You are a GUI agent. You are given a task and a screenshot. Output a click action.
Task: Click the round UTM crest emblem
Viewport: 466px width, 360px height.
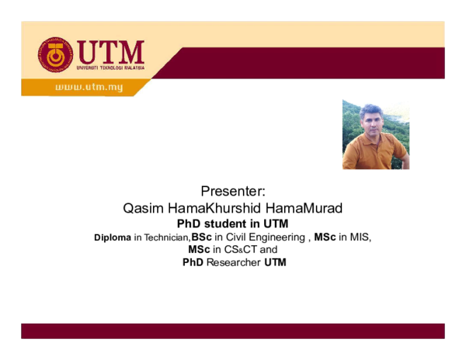(x=55, y=54)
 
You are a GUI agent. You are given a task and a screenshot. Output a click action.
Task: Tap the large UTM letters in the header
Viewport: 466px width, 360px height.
(x=110, y=52)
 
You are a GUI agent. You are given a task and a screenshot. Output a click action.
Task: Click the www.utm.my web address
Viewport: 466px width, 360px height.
(x=89, y=87)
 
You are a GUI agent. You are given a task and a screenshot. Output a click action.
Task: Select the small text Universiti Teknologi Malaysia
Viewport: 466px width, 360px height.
(x=110, y=68)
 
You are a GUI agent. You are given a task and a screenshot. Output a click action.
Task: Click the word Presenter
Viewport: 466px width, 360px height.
(x=233, y=191)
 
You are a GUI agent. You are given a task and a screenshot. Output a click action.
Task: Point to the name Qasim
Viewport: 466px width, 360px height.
(x=143, y=209)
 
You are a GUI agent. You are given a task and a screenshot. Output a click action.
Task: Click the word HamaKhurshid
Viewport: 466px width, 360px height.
(x=214, y=208)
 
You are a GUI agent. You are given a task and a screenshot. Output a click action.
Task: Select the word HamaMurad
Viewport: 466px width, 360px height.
(x=304, y=208)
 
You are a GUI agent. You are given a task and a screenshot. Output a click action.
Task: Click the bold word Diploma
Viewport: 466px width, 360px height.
(x=113, y=237)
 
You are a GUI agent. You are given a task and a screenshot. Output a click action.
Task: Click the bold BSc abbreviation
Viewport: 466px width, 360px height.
(x=201, y=237)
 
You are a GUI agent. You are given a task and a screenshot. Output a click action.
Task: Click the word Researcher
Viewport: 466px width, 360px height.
(x=234, y=262)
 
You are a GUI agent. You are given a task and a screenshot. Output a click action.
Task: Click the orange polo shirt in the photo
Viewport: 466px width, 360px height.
(x=374, y=152)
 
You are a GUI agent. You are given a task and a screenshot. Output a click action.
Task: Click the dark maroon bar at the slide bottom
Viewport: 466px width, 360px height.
(x=233, y=331)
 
